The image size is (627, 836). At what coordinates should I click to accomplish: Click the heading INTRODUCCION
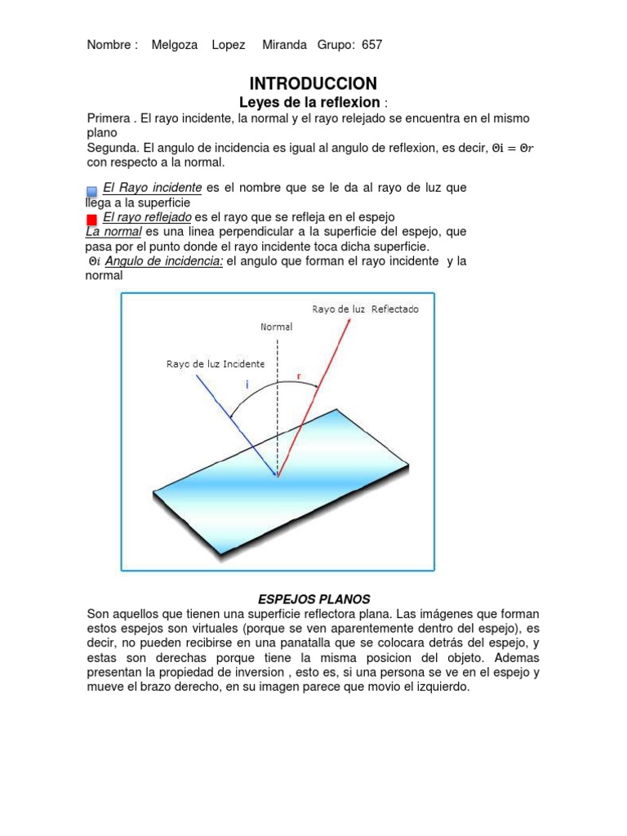[313, 83]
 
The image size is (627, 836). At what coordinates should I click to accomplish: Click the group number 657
[371, 45]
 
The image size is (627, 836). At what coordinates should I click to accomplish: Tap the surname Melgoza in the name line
[175, 45]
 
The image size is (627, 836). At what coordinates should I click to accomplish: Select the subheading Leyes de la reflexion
[309, 102]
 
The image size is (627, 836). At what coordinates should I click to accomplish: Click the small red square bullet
[91, 219]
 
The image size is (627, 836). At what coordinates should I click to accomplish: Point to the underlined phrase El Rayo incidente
[153, 188]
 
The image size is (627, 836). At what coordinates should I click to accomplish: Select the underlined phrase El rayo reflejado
[147, 217]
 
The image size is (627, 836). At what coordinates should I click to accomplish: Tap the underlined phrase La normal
[113, 232]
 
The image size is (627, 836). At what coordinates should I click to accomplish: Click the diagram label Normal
[277, 327]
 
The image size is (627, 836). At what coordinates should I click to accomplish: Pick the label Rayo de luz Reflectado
[365, 309]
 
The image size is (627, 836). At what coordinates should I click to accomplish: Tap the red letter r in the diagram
[299, 376]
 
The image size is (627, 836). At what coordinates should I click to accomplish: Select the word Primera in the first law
[109, 118]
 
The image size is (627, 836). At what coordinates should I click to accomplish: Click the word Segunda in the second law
[112, 148]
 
